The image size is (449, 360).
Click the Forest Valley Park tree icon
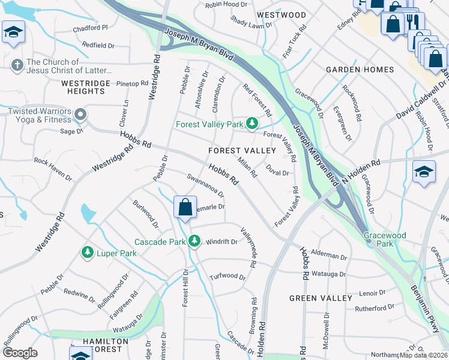(252, 124)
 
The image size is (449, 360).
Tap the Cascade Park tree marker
(194, 241)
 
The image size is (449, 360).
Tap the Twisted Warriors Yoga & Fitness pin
(80, 114)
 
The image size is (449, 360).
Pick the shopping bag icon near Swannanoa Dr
(185, 208)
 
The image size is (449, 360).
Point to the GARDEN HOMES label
(360, 70)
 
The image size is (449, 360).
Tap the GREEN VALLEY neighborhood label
(321, 298)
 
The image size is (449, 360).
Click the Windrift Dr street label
(221, 242)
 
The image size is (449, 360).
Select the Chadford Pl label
(90, 28)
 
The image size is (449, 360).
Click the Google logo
(20, 353)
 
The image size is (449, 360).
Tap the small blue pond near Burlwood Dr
(88, 212)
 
